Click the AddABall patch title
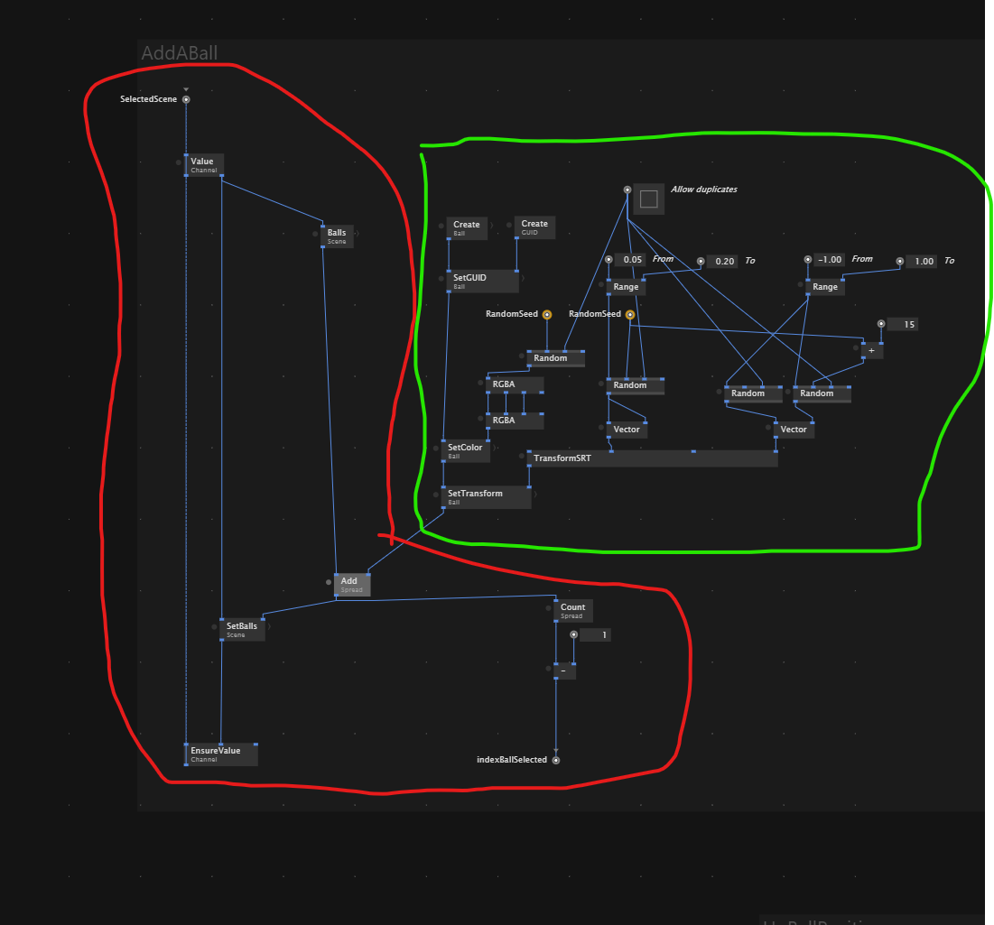pyautogui.click(x=179, y=53)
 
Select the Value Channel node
pyautogui.click(x=204, y=165)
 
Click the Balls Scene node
pyautogui.click(x=337, y=236)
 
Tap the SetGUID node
pyautogui.click(x=482, y=282)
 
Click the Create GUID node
pyautogui.click(x=534, y=227)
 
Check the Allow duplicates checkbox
pyautogui.click(x=648, y=199)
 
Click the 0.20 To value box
pyautogui.click(x=724, y=261)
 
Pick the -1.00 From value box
pyautogui.click(x=828, y=260)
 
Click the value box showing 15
pyautogui.click(x=903, y=324)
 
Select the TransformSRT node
pyautogui.click(x=650, y=458)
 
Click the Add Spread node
pyautogui.click(x=352, y=585)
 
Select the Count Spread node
pyautogui.click(x=573, y=611)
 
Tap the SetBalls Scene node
pyautogui.click(x=242, y=630)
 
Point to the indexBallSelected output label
pyautogui.click(x=512, y=760)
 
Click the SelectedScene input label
pyautogui.click(x=149, y=99)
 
